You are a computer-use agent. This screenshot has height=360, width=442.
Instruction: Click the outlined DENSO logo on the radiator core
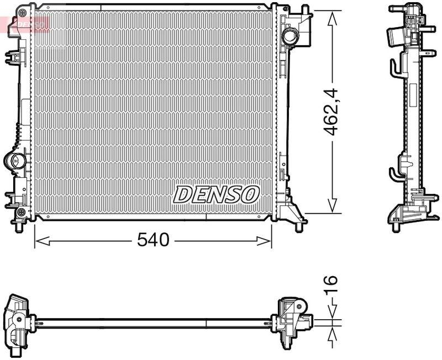216,194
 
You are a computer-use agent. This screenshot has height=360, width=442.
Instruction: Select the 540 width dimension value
152,240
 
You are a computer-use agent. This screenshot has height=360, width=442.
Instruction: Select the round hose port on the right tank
290,36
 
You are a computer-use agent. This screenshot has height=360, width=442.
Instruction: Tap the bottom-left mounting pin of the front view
20,226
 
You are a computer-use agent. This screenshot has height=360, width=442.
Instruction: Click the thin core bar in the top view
152,320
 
